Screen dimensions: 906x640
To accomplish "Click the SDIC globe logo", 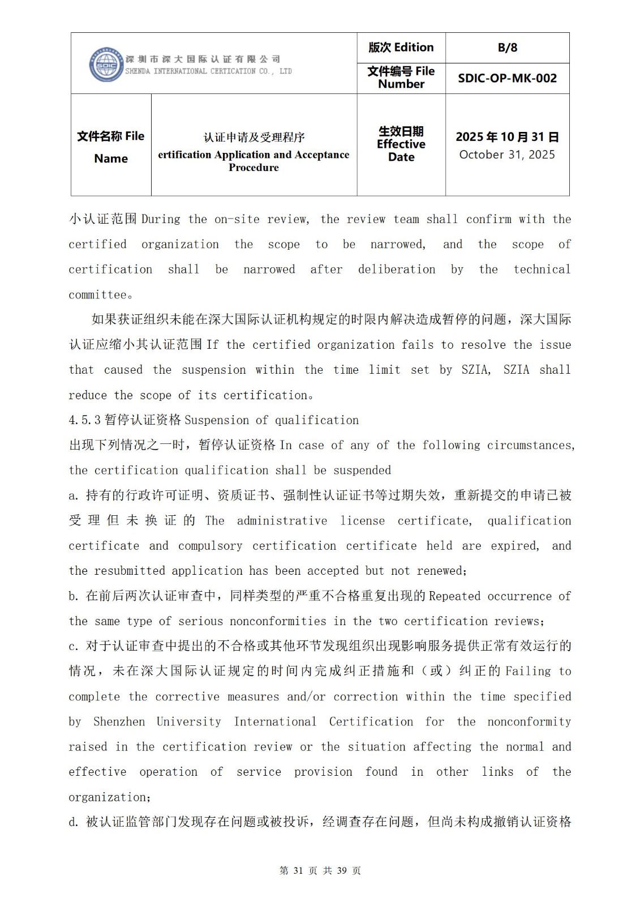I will tap(106, 65).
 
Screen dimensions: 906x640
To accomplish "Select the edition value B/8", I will tap(507, 48).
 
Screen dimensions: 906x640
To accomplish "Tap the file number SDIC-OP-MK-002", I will tap(507, 78).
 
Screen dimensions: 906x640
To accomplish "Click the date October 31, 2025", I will tap(507, 155).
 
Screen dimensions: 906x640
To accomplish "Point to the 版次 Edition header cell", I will tap(401, 48).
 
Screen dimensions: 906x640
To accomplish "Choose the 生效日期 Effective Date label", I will tap(401, 144).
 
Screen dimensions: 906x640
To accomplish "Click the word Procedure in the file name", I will tap(254, 168).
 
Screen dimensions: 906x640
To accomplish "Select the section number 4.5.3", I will tap(84, 420).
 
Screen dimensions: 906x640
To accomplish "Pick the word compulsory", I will tap(210, 546).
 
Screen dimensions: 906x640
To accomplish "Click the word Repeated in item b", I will tap(454, 596).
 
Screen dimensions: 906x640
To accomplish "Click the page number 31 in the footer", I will tap(298, 871).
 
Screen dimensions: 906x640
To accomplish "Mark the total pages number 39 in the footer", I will tap(341, 871).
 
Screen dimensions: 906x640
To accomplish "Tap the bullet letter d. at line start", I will tap(74, 822).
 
